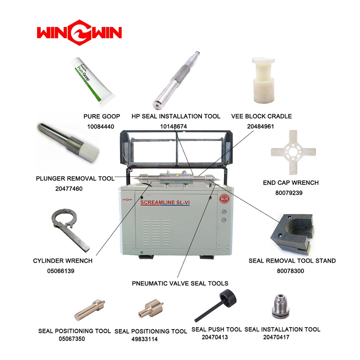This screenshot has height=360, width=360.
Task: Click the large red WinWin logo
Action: coord(79,33)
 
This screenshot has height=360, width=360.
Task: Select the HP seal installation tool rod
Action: coord(176,80)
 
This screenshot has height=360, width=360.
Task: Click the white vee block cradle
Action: coord(264,80)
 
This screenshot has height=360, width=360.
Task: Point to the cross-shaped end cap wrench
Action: coord(293,152)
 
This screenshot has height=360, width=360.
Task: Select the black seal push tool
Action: coord(216,305)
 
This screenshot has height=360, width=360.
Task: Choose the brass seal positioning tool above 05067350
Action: coord(90,310)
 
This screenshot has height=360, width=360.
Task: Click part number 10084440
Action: coord(100,126)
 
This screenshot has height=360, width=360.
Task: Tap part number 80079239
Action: coord(289,193)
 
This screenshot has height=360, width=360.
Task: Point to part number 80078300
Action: coord(291,271)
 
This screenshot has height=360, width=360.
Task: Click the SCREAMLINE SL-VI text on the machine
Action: coord(165,202)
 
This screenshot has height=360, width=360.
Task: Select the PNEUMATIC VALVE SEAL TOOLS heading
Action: coord(180,283)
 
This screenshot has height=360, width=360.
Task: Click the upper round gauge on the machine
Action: coord(224,211)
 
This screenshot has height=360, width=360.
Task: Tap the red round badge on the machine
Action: coord(224,199)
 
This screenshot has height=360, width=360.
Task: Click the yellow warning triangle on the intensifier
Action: coord(177,175)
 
